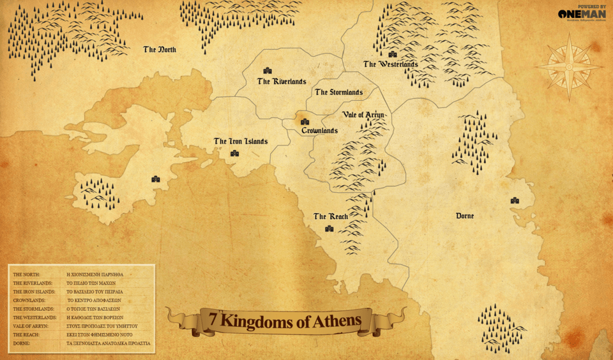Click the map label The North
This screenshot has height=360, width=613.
[x=160, y=50]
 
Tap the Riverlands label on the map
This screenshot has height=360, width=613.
[x=282, y=82]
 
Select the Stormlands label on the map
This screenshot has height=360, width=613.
[x=338, y=93]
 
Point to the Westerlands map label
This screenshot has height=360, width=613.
[x=391, y=64]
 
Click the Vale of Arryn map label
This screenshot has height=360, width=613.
[x=363, y=115]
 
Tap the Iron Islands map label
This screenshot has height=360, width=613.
[x=241, y=142]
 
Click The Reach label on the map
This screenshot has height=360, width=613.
[x=331, y=217]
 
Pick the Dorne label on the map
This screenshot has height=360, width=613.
[x=465, y=216]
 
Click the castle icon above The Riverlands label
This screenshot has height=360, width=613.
[x=268, y=71]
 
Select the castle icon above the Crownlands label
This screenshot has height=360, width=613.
[x=305, y=122]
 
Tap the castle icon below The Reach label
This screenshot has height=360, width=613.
[x=329, y=229]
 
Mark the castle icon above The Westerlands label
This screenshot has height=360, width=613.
[x=392, y=54]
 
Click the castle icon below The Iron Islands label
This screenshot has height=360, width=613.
[x=234, y=153]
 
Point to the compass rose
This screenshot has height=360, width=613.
[x=568, y=66]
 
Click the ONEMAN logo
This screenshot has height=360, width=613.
[x=581, y=14]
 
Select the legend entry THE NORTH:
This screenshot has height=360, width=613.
[x=27, y=274]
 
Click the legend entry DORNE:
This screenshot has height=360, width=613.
[x=22, y=343]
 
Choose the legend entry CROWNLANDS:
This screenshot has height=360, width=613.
[x=29, y=300]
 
